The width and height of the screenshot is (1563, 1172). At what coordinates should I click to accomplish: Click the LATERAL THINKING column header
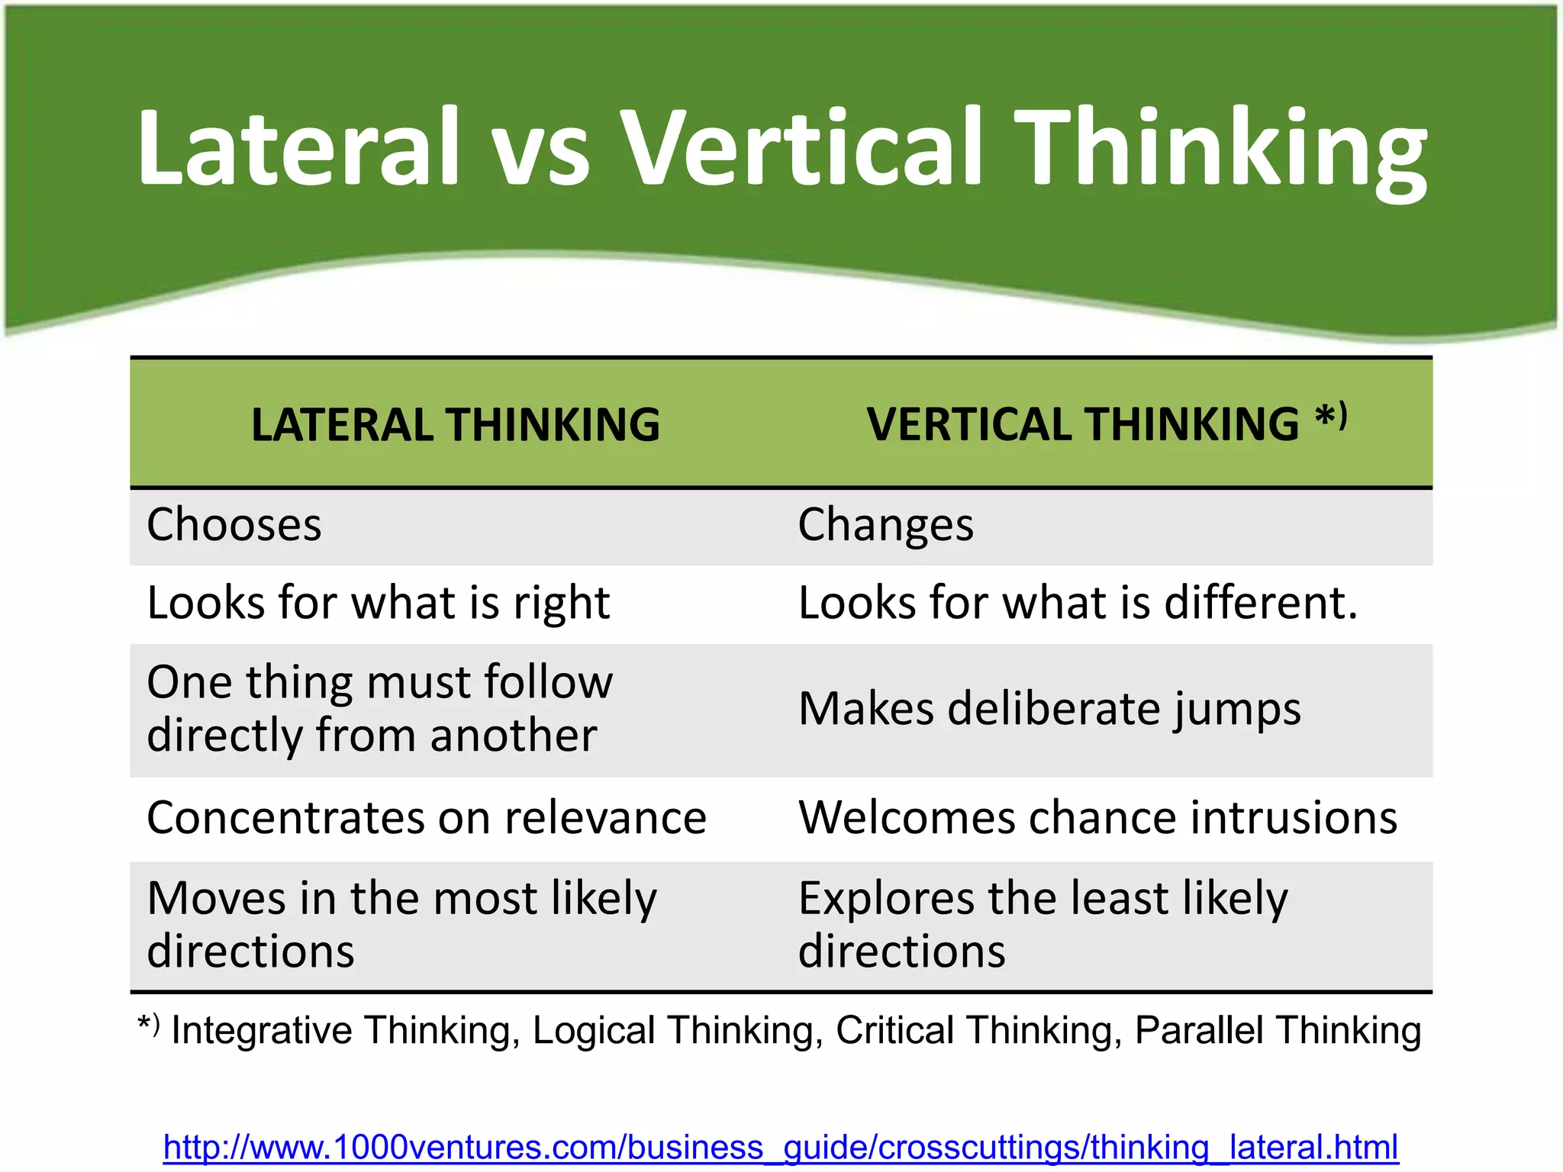(x=456, y=424)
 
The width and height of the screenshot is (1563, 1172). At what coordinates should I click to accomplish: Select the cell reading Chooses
(x=234, y=525)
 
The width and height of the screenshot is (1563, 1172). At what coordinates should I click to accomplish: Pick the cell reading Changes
(x=885, y=525)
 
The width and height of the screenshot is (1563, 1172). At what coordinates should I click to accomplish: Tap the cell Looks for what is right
(x=379, y=603)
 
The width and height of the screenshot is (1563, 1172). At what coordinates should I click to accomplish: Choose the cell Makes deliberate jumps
(x=1049, y=709)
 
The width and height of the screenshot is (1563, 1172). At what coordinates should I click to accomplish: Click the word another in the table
(x=513, y=736)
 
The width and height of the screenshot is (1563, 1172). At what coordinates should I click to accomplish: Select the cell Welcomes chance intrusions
(x=1097, y=818)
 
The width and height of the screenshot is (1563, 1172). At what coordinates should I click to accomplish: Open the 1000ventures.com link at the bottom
(x=781, y=1147)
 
